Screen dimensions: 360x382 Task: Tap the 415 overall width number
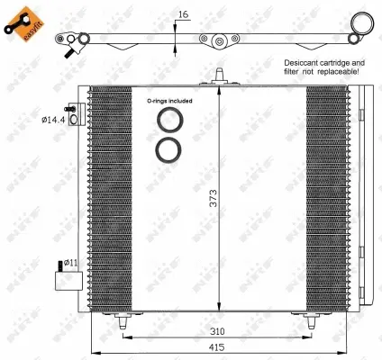pyautogui.click(x=218, y=347)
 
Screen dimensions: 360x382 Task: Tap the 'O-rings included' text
pyautogui.click(x=168, y=101)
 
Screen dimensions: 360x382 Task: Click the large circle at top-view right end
pyautogui.click(x=361, y=23)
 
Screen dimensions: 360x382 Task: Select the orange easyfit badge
pyautogui.click(x=23, y=22)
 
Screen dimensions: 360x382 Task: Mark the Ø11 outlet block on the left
pyautogui.click(x=64, y=278)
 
